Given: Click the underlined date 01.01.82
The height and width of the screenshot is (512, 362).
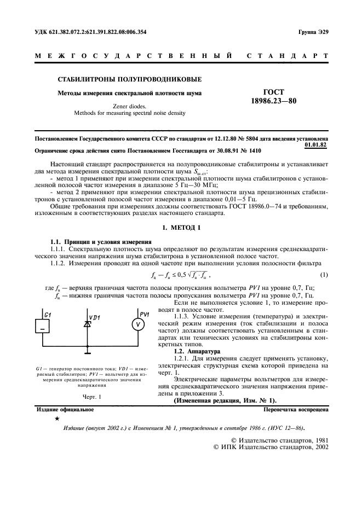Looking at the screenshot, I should (x=316, y=145).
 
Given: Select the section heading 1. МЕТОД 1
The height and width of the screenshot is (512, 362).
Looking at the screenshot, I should (x=181, y=226).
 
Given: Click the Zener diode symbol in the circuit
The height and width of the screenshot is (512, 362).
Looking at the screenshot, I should (x=86, y=324).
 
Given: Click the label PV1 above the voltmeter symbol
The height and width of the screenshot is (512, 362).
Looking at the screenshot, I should (x=144, y=313).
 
